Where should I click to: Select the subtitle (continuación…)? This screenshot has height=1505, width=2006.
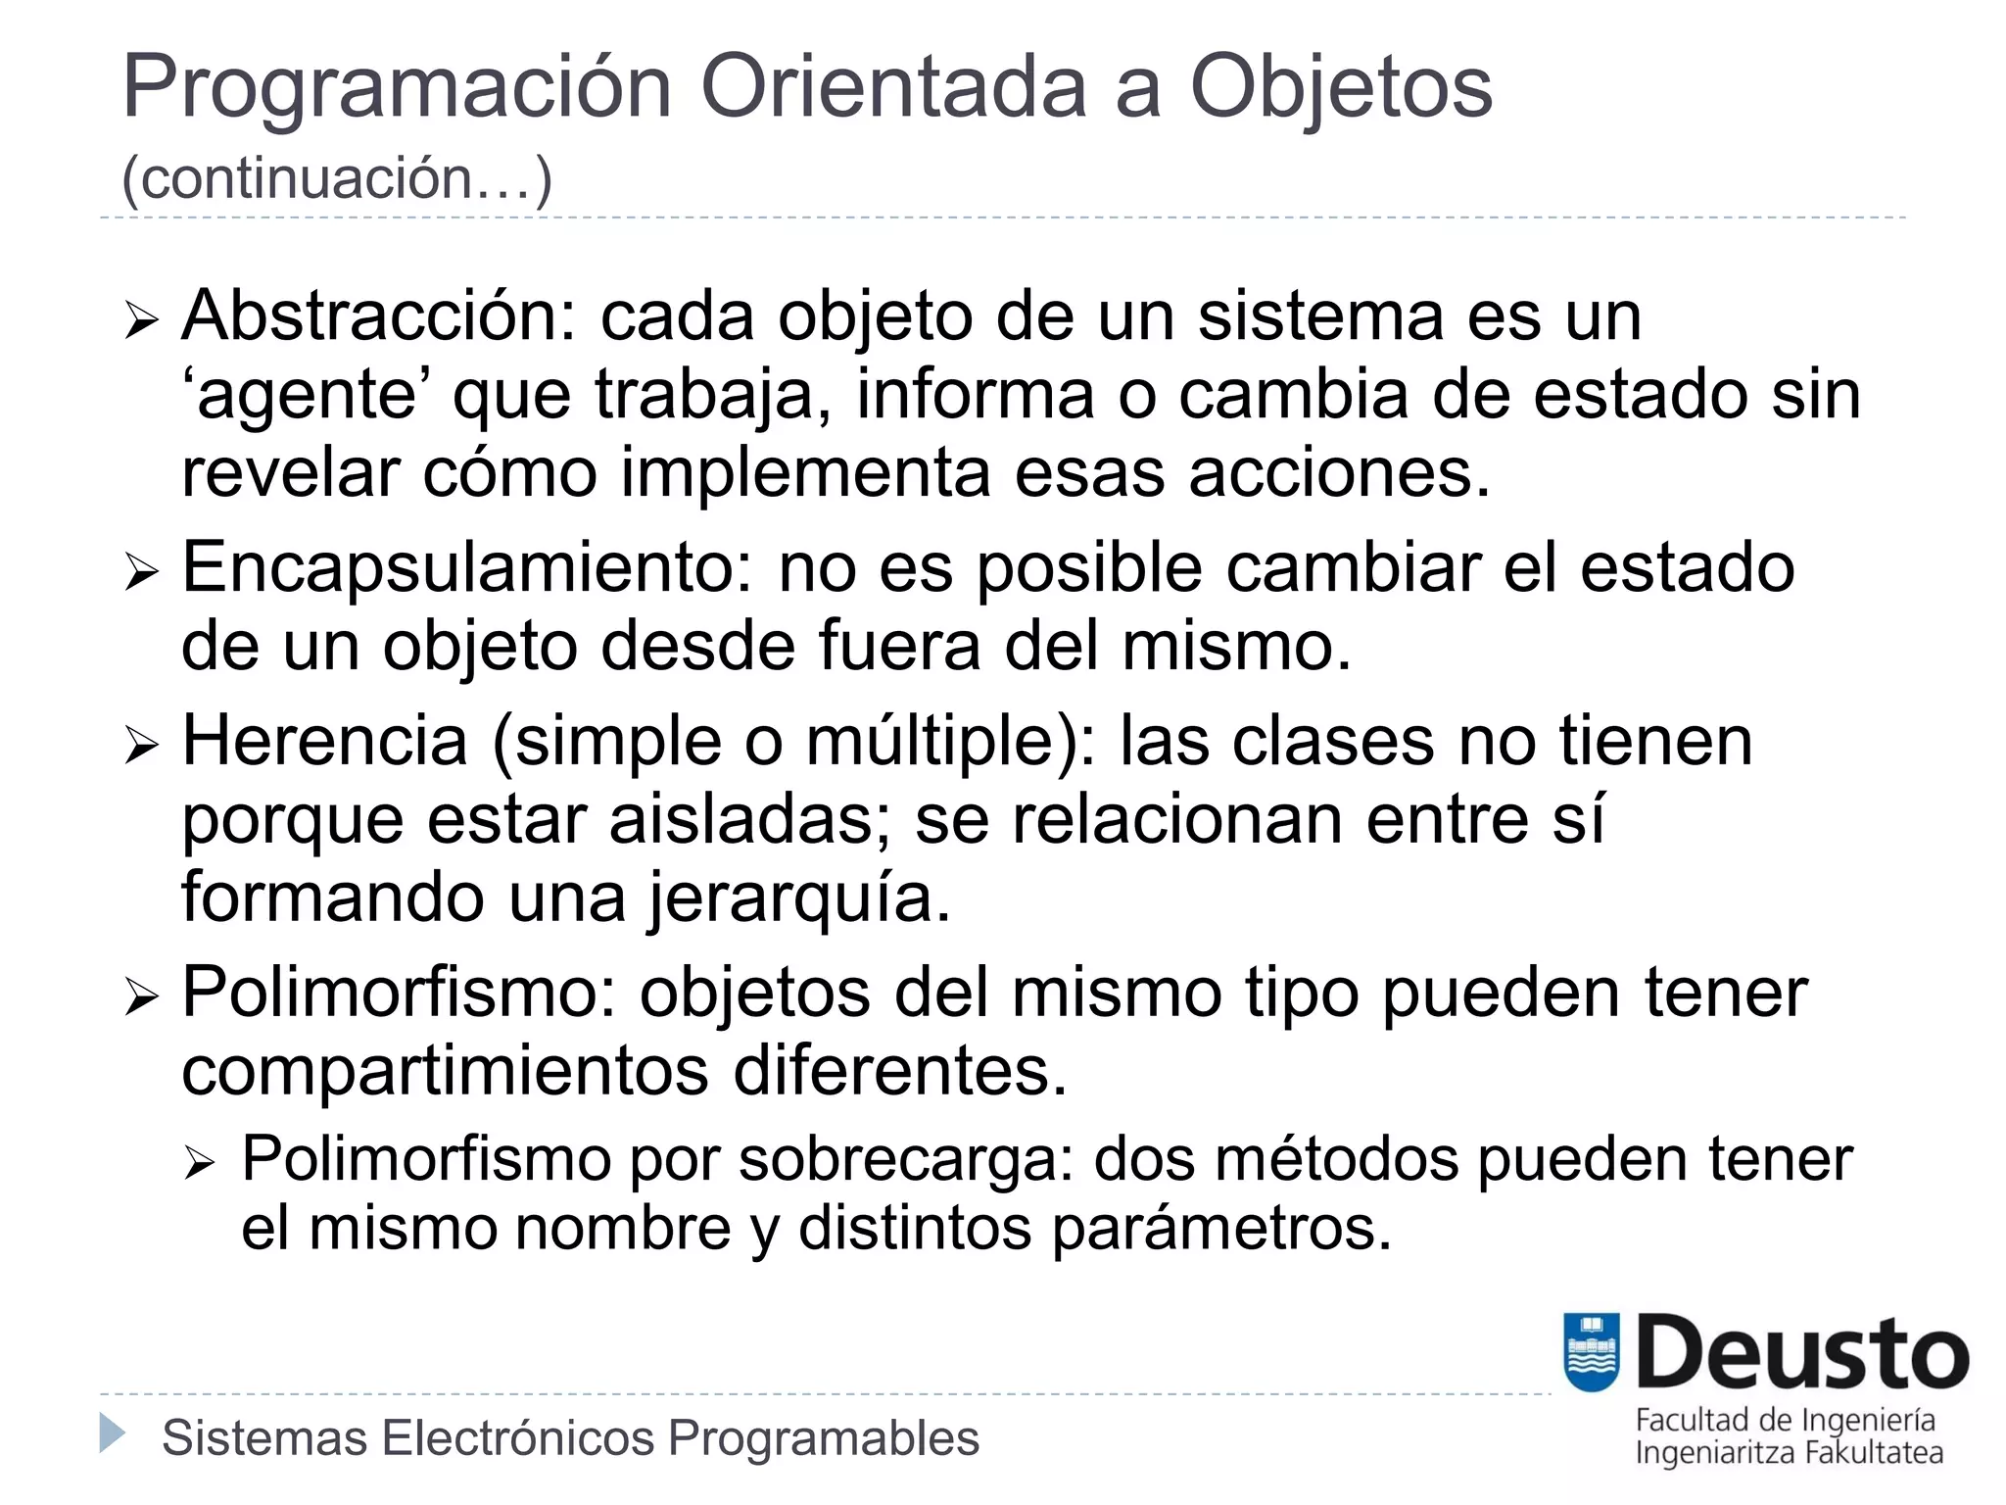click(337, 178)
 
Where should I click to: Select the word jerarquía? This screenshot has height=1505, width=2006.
click(799, 898)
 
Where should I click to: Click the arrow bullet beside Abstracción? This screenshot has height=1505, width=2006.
click(141, 320)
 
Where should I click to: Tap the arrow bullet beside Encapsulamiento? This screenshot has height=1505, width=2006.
click(141, 573)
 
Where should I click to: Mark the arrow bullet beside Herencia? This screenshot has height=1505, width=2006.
click(141, 746)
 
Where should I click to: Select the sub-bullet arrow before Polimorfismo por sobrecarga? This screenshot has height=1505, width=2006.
click(200, 1164)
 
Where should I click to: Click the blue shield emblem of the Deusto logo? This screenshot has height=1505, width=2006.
click(1592, 1352)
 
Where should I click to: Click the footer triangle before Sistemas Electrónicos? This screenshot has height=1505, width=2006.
click(113, 1433)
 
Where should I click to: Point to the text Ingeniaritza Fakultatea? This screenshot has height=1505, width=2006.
click(1789, 1452)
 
